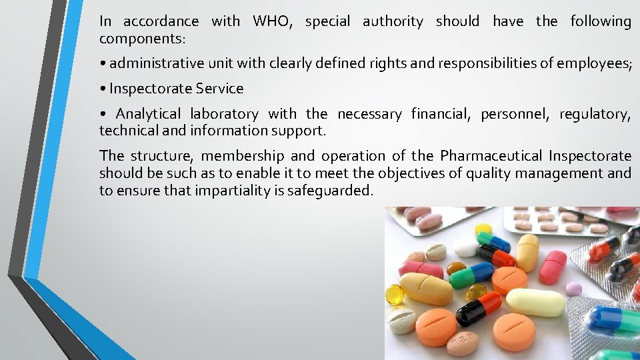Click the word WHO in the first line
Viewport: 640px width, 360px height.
(272, 21)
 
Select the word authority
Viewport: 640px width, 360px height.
(393, 21)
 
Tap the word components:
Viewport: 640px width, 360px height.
(142, 39)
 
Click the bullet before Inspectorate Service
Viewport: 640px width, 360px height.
(103, 89)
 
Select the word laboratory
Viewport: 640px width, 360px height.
(224, 114)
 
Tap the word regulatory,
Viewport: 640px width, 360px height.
(595, 114)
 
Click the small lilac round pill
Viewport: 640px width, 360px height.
(573, 288)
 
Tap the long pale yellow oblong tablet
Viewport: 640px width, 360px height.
(536, 301)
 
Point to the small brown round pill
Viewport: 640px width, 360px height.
(457, 268)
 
